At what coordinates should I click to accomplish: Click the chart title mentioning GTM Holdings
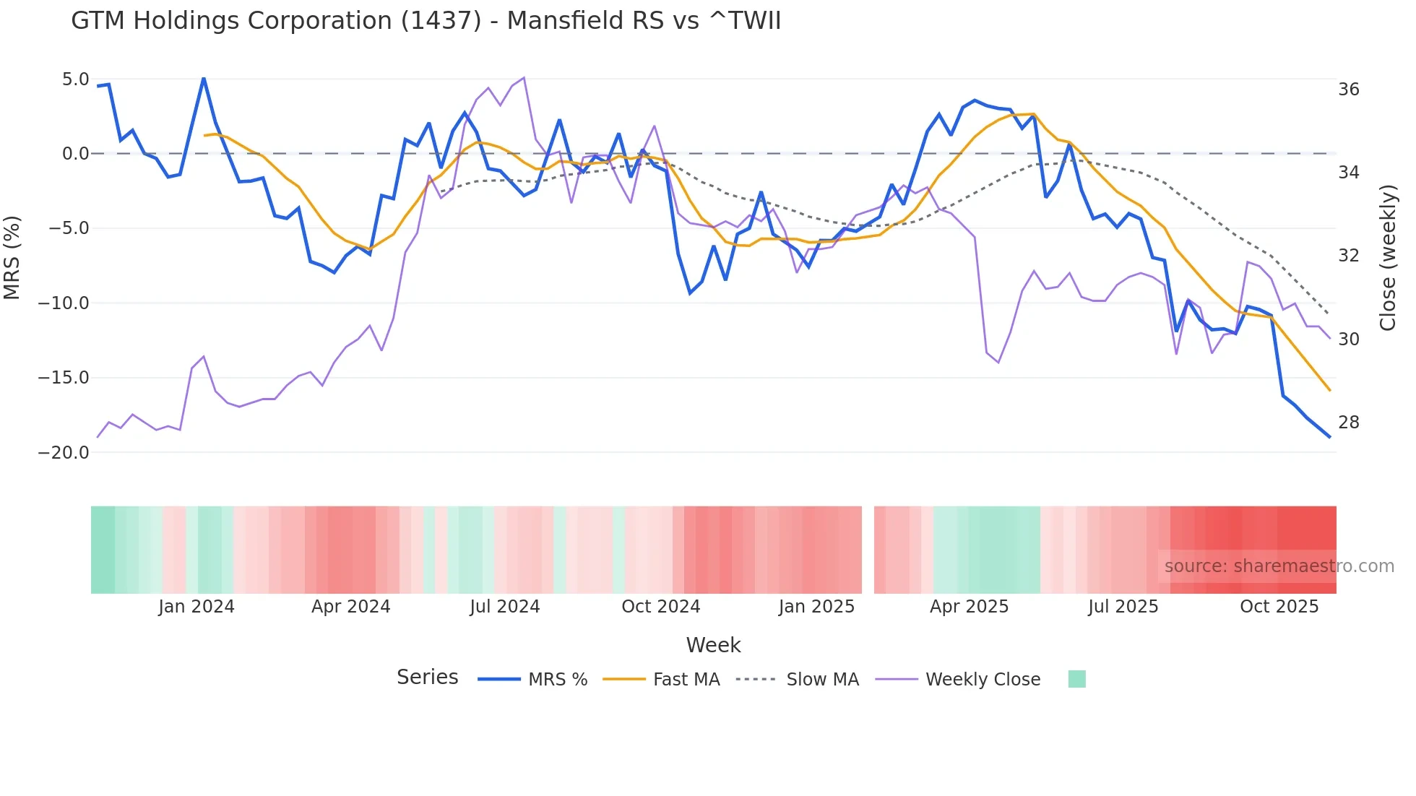(426, 21)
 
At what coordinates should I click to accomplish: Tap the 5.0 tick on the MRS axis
(75, 79)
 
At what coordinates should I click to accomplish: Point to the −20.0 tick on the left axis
(64, 453)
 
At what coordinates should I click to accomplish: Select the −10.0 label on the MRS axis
(64, 303)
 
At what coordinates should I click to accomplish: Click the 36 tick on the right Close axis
(1348, 90)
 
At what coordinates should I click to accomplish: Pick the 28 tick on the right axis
(1348, 423)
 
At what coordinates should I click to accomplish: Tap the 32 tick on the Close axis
(1348, 256)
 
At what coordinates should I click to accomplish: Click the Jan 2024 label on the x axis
(197, 607)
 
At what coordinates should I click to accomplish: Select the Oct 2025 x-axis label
(1279, 607)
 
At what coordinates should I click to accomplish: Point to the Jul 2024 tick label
(504, 607)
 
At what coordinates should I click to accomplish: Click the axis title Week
(713, 645)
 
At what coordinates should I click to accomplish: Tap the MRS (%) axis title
(12, 258)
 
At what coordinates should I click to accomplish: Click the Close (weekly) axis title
(1387, 258)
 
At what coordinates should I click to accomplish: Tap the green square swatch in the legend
(1076, 679)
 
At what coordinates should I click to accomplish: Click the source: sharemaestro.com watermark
(1279, 566)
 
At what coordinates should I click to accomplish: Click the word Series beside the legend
(427, 678)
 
